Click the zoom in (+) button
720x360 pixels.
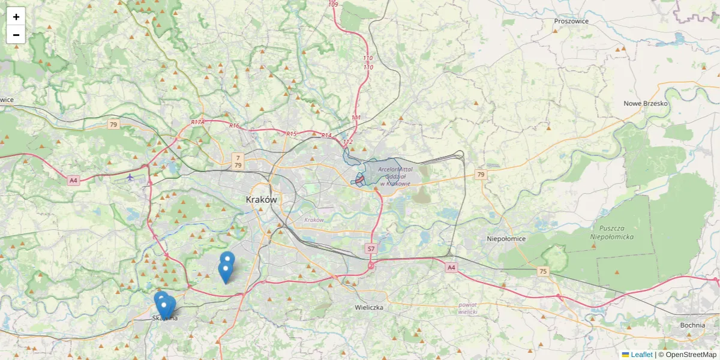16,17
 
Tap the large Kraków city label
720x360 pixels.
262,199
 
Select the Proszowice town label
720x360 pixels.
571,21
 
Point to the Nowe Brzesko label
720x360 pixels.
646,103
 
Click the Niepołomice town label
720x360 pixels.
506,239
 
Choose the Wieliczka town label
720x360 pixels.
369,307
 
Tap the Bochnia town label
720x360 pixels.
692,325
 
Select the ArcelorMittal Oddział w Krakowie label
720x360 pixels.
395,176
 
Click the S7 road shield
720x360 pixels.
371,248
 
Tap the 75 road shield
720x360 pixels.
543,272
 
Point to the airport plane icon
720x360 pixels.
131,176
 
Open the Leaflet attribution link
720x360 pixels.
641,355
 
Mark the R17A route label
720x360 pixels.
198,122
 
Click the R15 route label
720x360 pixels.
292,134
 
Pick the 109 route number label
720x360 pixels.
333,5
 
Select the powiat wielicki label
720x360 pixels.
467,308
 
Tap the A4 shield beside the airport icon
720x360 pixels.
73,180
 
